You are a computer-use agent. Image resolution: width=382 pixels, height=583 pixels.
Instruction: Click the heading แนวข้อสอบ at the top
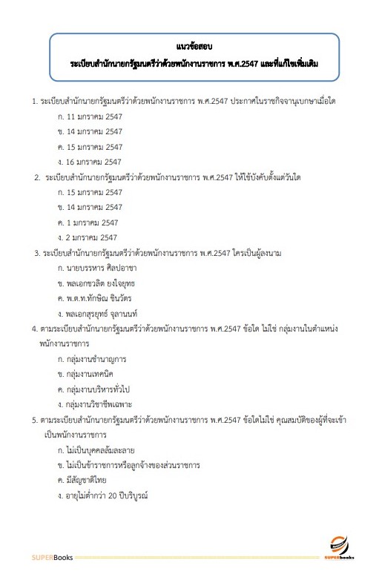pos(191,48)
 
